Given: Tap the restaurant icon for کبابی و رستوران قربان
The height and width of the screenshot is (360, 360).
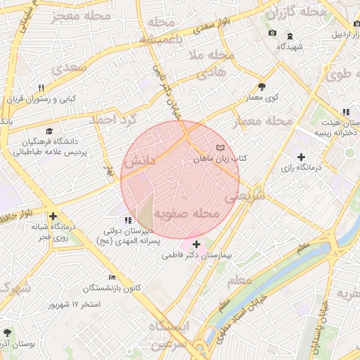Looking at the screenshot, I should coord(41,88).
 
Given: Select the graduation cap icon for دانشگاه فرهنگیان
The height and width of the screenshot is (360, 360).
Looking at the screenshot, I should coord(49,131).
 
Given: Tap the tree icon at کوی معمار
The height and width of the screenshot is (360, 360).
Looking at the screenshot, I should coord(262,86).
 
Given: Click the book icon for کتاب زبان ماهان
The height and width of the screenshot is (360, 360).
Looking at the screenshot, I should coord(221,148).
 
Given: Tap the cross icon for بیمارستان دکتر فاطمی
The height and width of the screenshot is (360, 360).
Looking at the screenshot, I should coord(195,243).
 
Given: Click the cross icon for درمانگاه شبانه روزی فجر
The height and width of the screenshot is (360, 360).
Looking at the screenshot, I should coord(53,216).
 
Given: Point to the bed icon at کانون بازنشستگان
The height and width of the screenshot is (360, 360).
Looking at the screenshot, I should coord(112,277).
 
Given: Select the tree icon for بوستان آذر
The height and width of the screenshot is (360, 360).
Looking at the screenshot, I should coord(8,331).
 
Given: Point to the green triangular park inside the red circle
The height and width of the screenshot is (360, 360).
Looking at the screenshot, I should coord(146,207).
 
